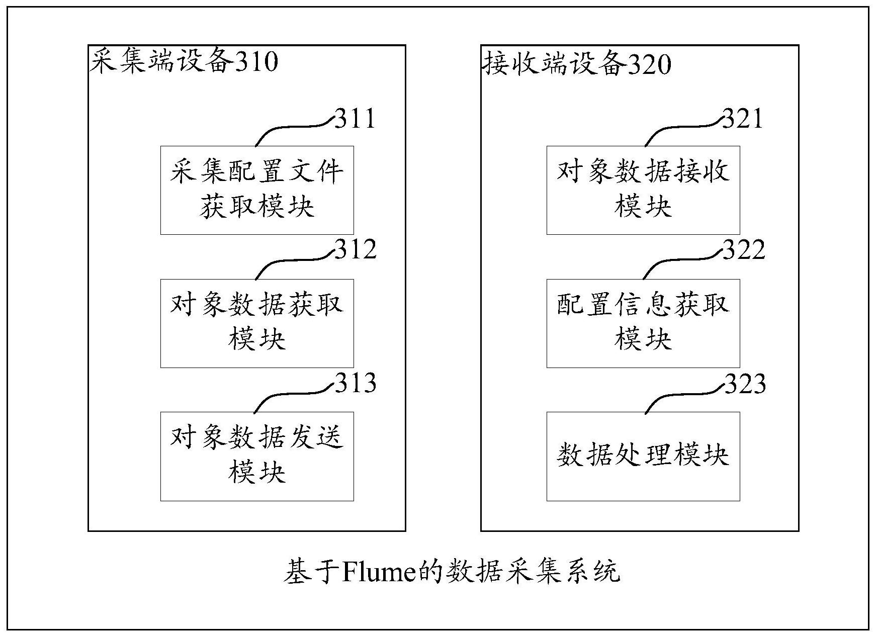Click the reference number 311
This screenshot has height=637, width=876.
coord(355,119)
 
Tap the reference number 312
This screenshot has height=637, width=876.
coord(356,249)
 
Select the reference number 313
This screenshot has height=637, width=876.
coord(356,383)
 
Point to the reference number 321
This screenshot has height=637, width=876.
coord(743,119)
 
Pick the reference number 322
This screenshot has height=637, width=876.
coord(744,249)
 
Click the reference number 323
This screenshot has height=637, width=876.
coord(745,383)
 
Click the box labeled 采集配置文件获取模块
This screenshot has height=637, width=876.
coord(257,190)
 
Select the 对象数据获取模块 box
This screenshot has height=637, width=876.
coord(257,323)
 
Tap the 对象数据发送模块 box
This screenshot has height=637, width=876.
coord(257,456)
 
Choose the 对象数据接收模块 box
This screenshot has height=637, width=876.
coord(643,190)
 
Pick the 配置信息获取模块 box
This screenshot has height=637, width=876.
coord(643,323)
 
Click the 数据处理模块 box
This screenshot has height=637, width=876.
coord(643,456)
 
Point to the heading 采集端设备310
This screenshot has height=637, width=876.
coord(184,63)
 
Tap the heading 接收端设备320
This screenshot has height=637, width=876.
coord(577,64)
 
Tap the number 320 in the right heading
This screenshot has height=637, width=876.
coord(650,64)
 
